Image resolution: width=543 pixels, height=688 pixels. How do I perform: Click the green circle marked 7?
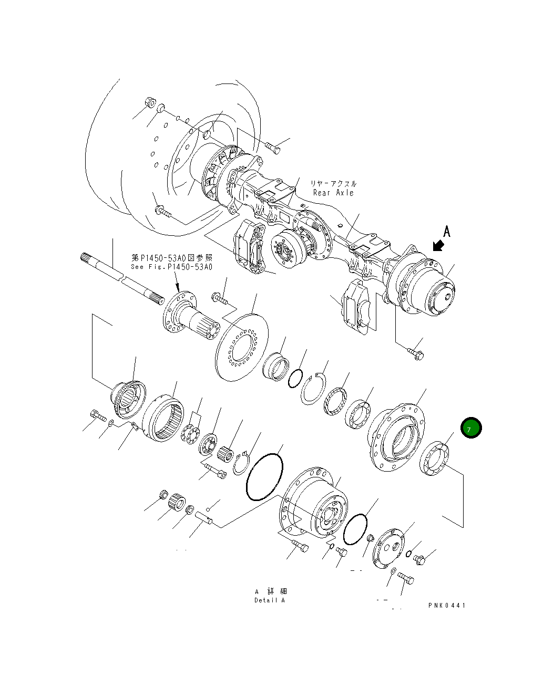coord(470,428)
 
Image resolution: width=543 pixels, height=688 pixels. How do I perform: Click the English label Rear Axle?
coord(333,193)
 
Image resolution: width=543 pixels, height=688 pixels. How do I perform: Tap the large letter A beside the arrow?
coord(446,232)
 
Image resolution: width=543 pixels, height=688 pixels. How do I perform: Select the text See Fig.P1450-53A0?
coord(171,267)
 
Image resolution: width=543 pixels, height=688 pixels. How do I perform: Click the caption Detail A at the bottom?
coord(269,600)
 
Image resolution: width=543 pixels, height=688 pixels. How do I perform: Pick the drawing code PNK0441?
coord(446,605)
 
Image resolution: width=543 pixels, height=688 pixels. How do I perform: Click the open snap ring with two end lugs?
coord(313,389)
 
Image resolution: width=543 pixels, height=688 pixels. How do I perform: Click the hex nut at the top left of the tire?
coord(149,102)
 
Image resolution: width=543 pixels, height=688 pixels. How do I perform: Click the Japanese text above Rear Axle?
coord(333,183)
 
